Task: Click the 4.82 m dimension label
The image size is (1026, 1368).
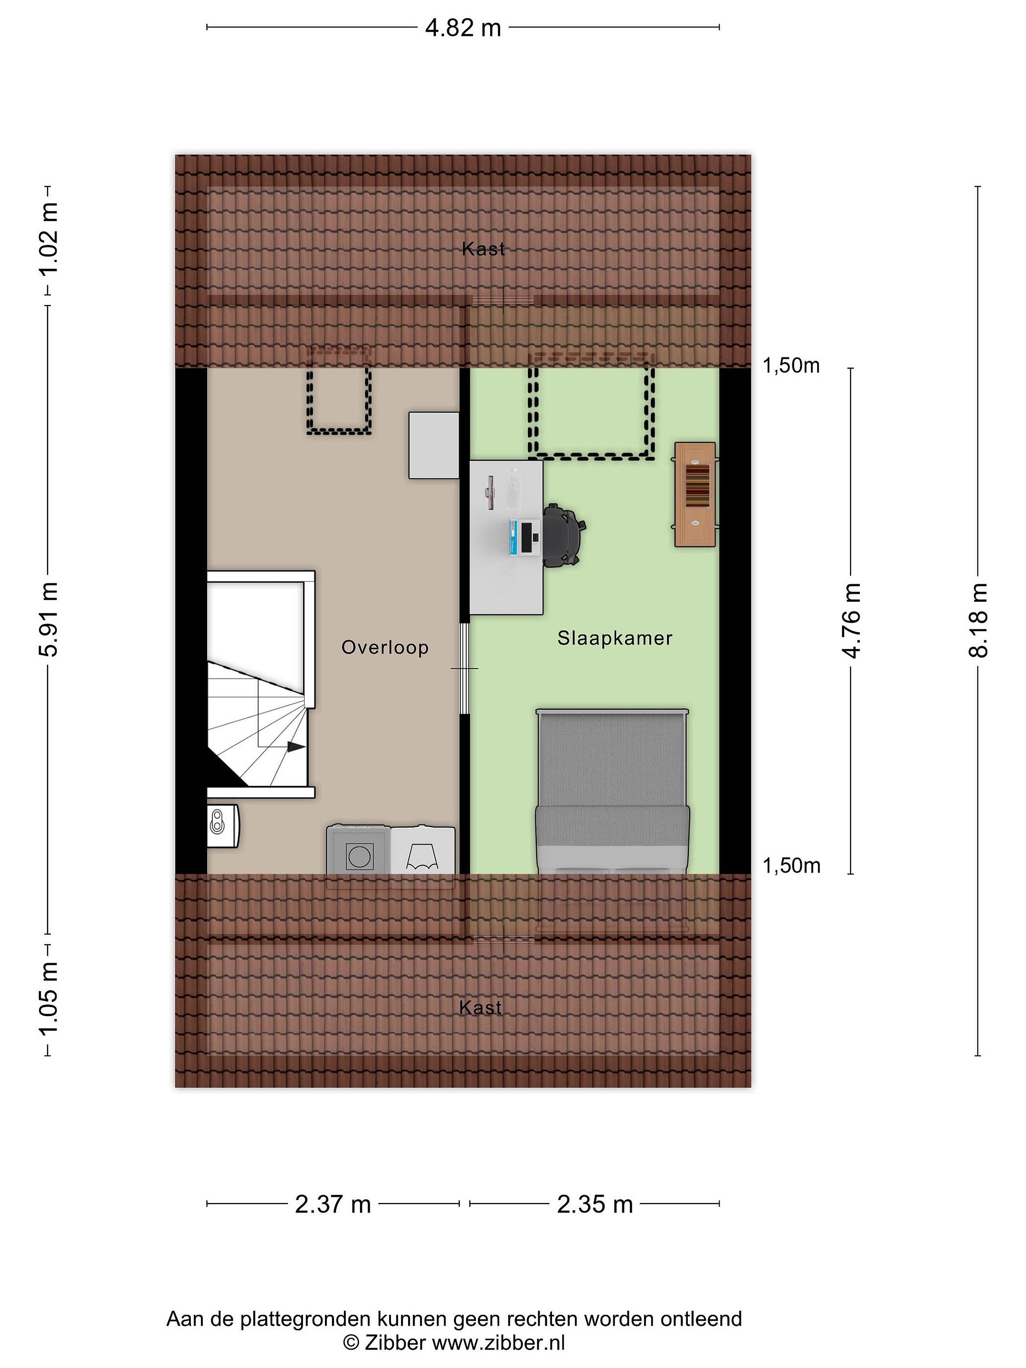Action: coord(463,28)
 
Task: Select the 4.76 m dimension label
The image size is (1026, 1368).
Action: coord(852,620)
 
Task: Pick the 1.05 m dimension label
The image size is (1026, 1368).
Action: coord(48,999)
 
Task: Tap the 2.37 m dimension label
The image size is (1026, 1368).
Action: coord(332,1204)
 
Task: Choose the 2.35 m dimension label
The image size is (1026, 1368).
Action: coord(595,1204)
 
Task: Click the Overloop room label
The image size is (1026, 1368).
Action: coord(385,647)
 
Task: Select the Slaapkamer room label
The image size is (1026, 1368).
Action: coord(615,638)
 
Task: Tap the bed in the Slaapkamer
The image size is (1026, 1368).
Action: coord(612,792)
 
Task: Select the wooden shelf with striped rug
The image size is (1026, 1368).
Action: coord(695,494)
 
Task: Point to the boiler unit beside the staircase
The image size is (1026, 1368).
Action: coord(223,825)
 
